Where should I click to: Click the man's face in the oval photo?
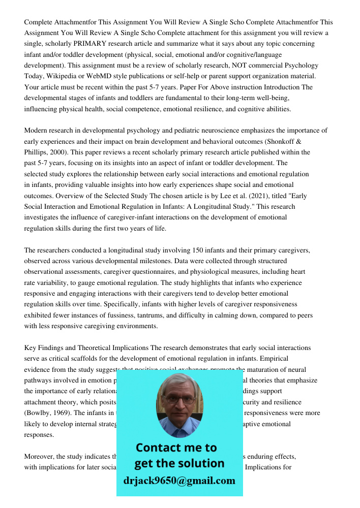[178, 402]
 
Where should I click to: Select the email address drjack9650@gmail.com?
[179, 480]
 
